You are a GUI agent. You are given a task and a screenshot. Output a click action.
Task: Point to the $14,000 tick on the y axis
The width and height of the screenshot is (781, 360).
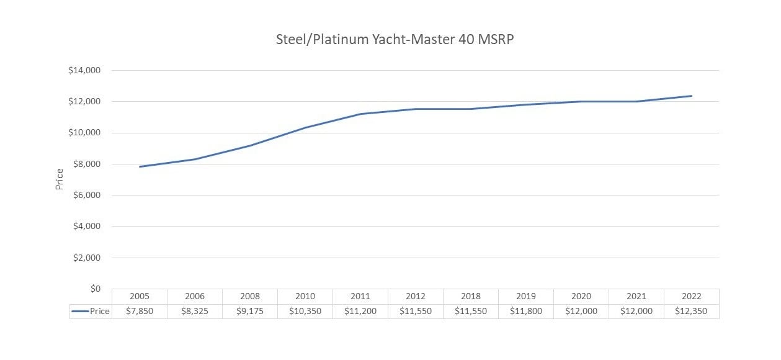coord(84,70)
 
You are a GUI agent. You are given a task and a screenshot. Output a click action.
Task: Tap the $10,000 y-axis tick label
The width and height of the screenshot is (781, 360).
coord(84,133)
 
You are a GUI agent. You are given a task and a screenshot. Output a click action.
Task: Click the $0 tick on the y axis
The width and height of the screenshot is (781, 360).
coord(94,289)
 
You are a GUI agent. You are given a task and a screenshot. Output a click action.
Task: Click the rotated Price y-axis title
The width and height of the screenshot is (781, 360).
coord(60,179)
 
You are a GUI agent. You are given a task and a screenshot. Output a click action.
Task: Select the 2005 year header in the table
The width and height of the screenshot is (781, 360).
coord(140,297)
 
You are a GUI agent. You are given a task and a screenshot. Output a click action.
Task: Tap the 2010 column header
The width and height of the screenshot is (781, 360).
coord(305,297)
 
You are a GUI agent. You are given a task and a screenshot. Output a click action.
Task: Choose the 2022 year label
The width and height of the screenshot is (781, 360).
coord(691,297)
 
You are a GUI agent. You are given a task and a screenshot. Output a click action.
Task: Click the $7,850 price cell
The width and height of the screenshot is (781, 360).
coord(140,312)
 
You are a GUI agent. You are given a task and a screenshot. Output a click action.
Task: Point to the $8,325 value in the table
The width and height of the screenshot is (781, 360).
coord(195,312)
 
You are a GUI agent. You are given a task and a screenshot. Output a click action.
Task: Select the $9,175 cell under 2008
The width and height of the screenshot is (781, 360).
coord(250,312)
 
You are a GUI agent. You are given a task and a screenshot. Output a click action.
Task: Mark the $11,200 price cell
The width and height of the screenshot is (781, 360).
coord(360,312)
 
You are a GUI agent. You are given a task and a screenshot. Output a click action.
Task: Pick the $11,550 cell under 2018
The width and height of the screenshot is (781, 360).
coord(471,312)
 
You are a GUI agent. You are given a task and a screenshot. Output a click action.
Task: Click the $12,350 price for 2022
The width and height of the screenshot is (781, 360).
coord(691,312)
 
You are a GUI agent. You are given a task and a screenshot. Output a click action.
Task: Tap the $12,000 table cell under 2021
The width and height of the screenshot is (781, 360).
coord(636,312)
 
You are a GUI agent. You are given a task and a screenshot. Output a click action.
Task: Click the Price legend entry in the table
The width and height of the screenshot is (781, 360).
coord(91,312)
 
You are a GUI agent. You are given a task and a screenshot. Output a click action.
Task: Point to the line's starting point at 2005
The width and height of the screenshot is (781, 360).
coord(140,166)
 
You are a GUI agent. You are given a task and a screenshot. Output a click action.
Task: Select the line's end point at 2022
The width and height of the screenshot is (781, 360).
coord(691,96)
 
